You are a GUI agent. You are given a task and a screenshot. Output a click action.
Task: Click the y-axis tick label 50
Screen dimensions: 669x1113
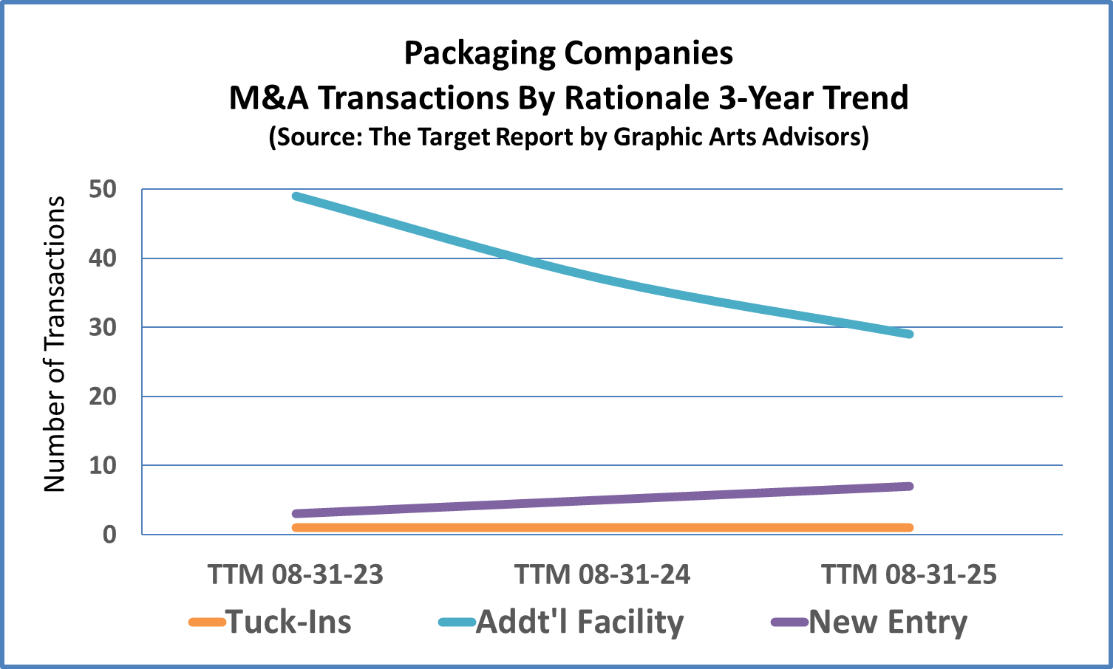pyautogui.click(x=103, y=190)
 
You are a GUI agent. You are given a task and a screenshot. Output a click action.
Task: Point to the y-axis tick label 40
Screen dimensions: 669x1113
pyautogui.click(x=103, y=258)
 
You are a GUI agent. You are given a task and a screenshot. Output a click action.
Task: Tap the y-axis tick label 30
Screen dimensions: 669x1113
pyautogui.click(x=103, y=327)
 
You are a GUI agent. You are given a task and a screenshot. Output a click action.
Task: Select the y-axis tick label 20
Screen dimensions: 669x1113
pyautogui.click(x=103, y=397)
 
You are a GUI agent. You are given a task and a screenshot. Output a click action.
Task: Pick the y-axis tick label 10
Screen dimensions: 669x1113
pyautogui.click(x=103, y=465)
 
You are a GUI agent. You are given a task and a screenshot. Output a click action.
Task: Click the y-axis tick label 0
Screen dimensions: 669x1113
pyautogui.click(x=109, y=535)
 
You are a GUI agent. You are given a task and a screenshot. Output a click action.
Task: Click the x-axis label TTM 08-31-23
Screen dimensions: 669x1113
pyautogui.click(x=296, y=574)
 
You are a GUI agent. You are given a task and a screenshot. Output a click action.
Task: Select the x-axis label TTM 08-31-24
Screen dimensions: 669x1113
pyautogui.click(x=602, y=574)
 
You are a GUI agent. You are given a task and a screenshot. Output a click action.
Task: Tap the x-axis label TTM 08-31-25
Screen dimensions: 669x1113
pyautogui.click(x=909, y=574)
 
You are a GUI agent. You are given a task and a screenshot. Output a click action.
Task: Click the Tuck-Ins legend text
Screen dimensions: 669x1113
pyautogui.click(x=289, y=622)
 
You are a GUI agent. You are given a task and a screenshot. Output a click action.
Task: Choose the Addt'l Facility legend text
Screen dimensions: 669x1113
pyautogui.click(x=580, y=622)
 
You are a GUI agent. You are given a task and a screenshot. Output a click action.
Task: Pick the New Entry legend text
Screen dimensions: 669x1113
pyautogui.click(x=888, y=622)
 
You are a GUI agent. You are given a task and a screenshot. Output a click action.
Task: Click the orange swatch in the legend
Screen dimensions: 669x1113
pyautogui.click(x=207, y=622)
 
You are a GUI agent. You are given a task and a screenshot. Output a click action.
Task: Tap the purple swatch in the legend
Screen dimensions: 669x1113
pyautogui.click(x=789, y=622)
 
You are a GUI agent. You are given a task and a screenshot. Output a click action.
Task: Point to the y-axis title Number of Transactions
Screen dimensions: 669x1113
pyautogui.click(x=55, y=344)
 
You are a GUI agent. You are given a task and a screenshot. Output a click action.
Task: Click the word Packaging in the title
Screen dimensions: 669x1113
pyautogui.click(x=480, y=53)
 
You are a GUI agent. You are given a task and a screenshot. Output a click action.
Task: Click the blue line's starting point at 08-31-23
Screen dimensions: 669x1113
pyautogui.click(x=296, y=196)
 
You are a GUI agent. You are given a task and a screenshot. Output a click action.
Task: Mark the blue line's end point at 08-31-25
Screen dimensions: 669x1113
pyautogui.click(x=909, y=334)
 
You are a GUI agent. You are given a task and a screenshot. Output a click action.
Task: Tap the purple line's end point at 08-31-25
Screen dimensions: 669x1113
pyautogui.click(x=909, y=486)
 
